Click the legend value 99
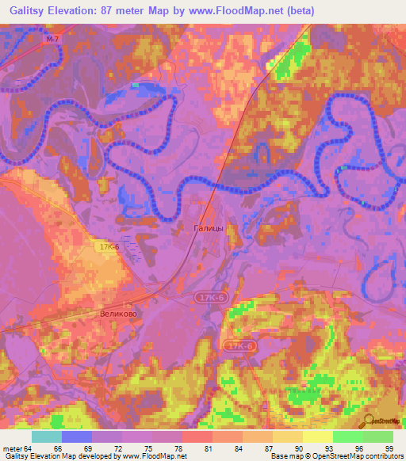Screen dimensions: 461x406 click(389, 448)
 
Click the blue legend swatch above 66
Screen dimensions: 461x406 click(77, 436)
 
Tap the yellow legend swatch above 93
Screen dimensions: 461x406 click(317, 436)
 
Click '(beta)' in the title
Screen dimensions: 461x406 click(299, 11)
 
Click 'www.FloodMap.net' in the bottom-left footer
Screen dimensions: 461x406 click(153, 456)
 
